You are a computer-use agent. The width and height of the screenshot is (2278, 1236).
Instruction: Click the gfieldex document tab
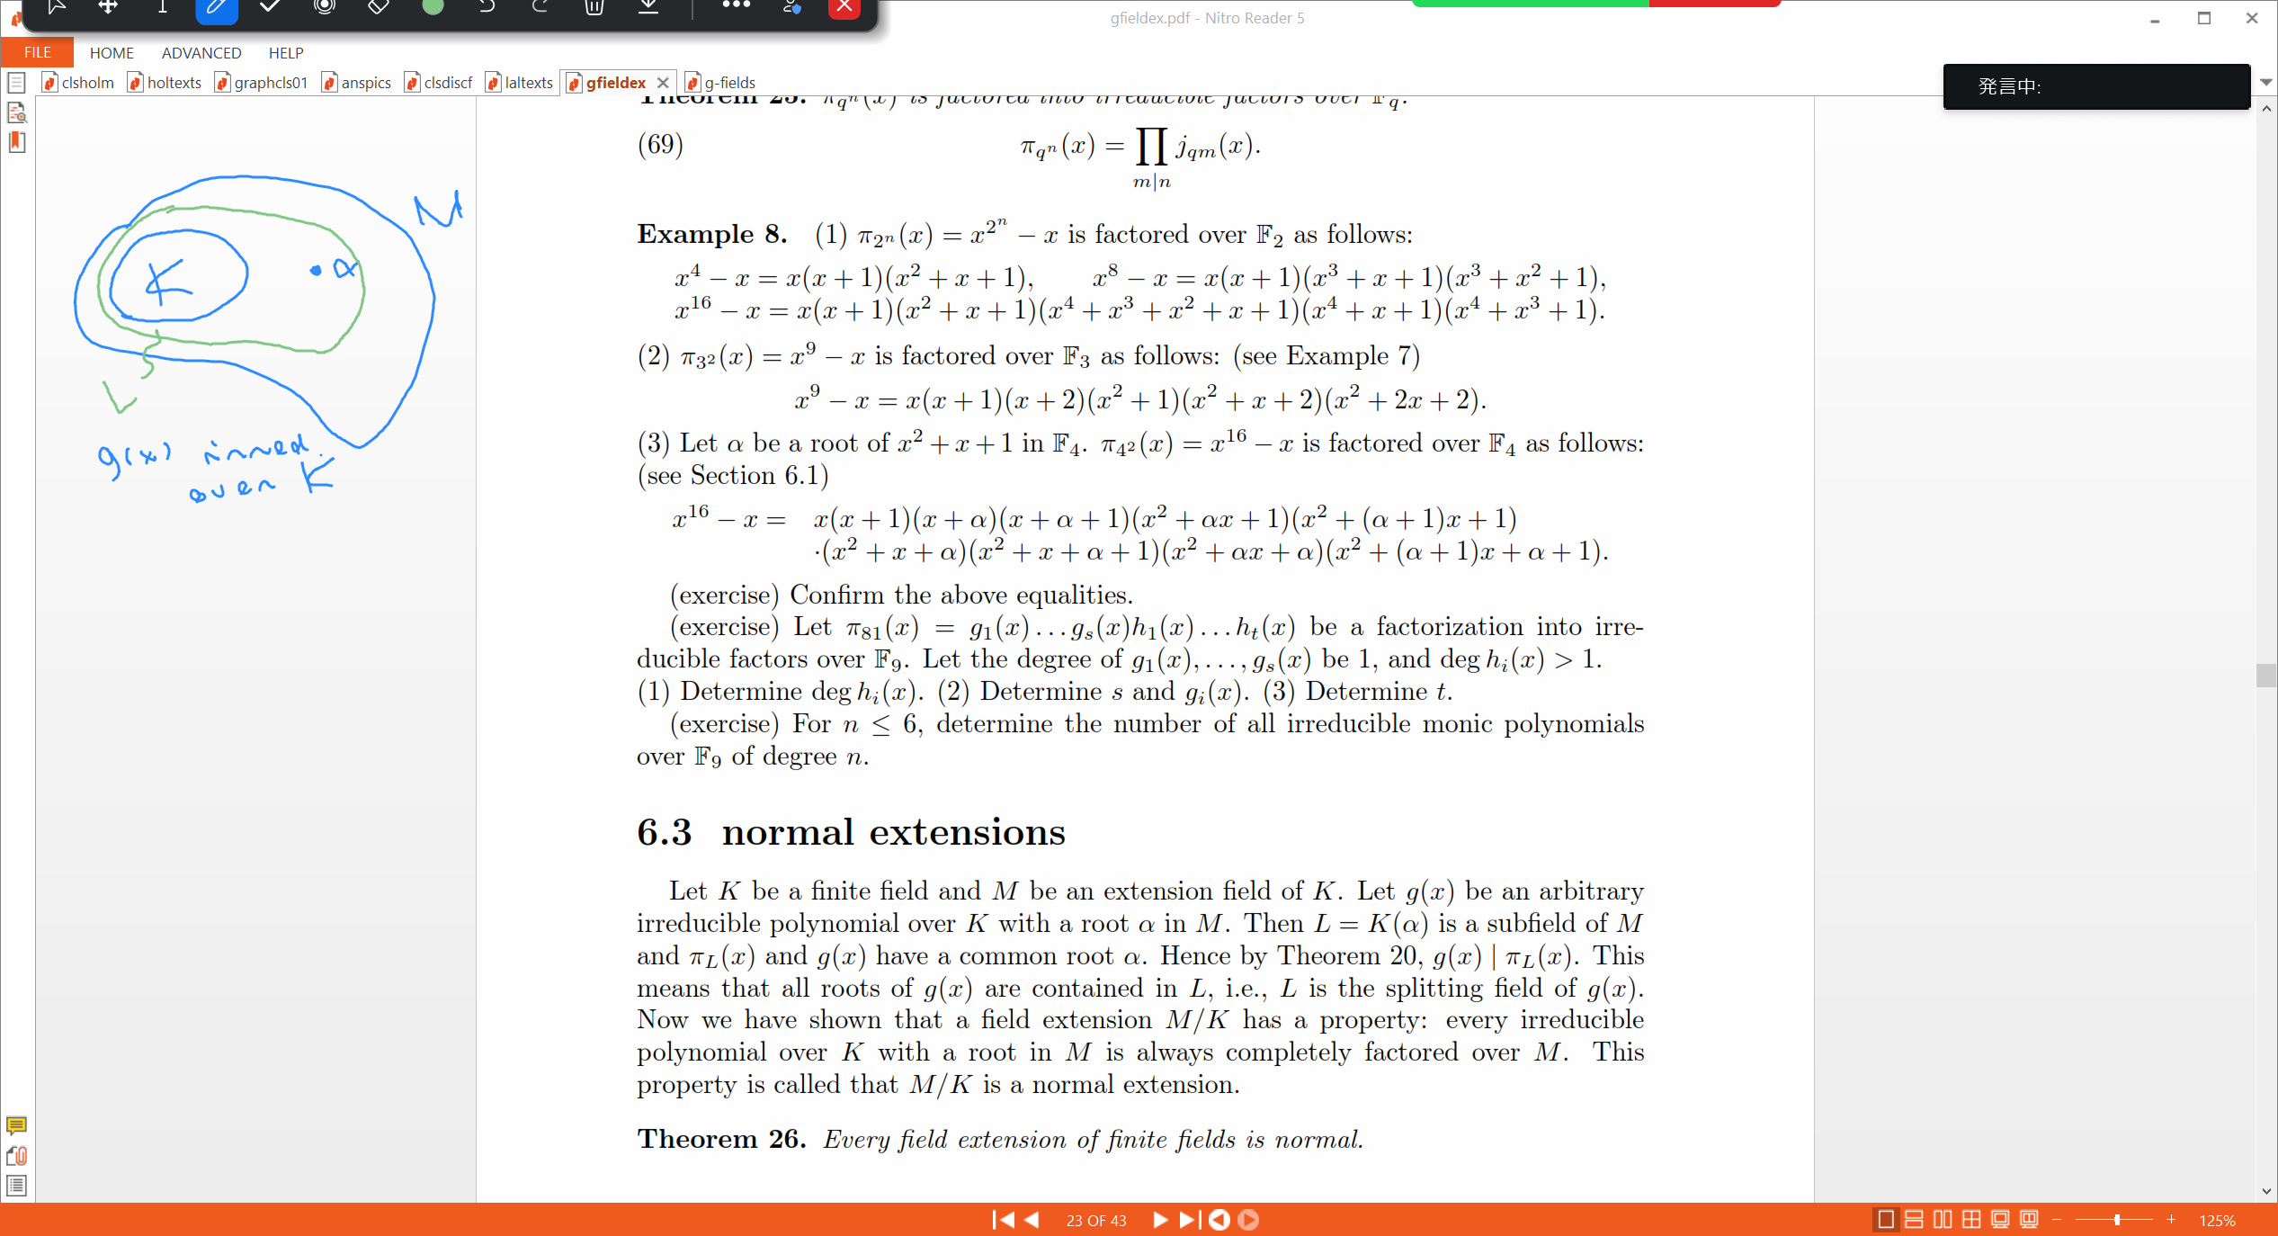click(615, 83)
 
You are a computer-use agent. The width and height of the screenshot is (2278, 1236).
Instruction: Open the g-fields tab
click(728, 83)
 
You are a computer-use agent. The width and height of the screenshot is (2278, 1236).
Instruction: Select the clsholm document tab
click(87, 83)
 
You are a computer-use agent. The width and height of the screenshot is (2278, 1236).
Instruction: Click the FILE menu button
click(37, 52)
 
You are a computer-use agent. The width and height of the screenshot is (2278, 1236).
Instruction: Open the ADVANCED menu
click(201, 53)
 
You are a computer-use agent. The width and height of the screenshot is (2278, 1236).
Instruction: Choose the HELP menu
click(286, 53)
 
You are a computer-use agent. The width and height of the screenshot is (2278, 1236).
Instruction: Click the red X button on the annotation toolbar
click(844, 8)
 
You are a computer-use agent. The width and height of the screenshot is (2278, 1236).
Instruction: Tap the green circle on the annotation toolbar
click(433, 8)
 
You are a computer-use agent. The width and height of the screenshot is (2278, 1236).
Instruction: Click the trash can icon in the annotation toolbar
click(594, 8)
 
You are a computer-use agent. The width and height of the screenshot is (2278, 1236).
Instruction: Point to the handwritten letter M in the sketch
click(438, 210)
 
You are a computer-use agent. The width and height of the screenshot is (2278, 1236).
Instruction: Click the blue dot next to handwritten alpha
click(316, 270)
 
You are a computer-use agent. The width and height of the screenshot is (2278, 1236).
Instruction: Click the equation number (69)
click(660, 145)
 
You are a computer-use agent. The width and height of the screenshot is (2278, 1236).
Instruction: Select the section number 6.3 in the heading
click(665, 832)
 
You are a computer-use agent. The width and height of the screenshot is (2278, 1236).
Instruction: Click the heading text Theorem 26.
click(721, 1140)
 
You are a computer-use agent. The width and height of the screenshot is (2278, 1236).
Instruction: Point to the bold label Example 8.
click(711, 235)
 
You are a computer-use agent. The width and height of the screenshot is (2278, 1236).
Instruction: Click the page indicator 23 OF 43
click(1095, 1220)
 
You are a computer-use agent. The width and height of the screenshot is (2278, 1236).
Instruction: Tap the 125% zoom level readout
click(2216, 1220)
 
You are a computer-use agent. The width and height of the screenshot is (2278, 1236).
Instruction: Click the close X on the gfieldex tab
click(663, 83)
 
